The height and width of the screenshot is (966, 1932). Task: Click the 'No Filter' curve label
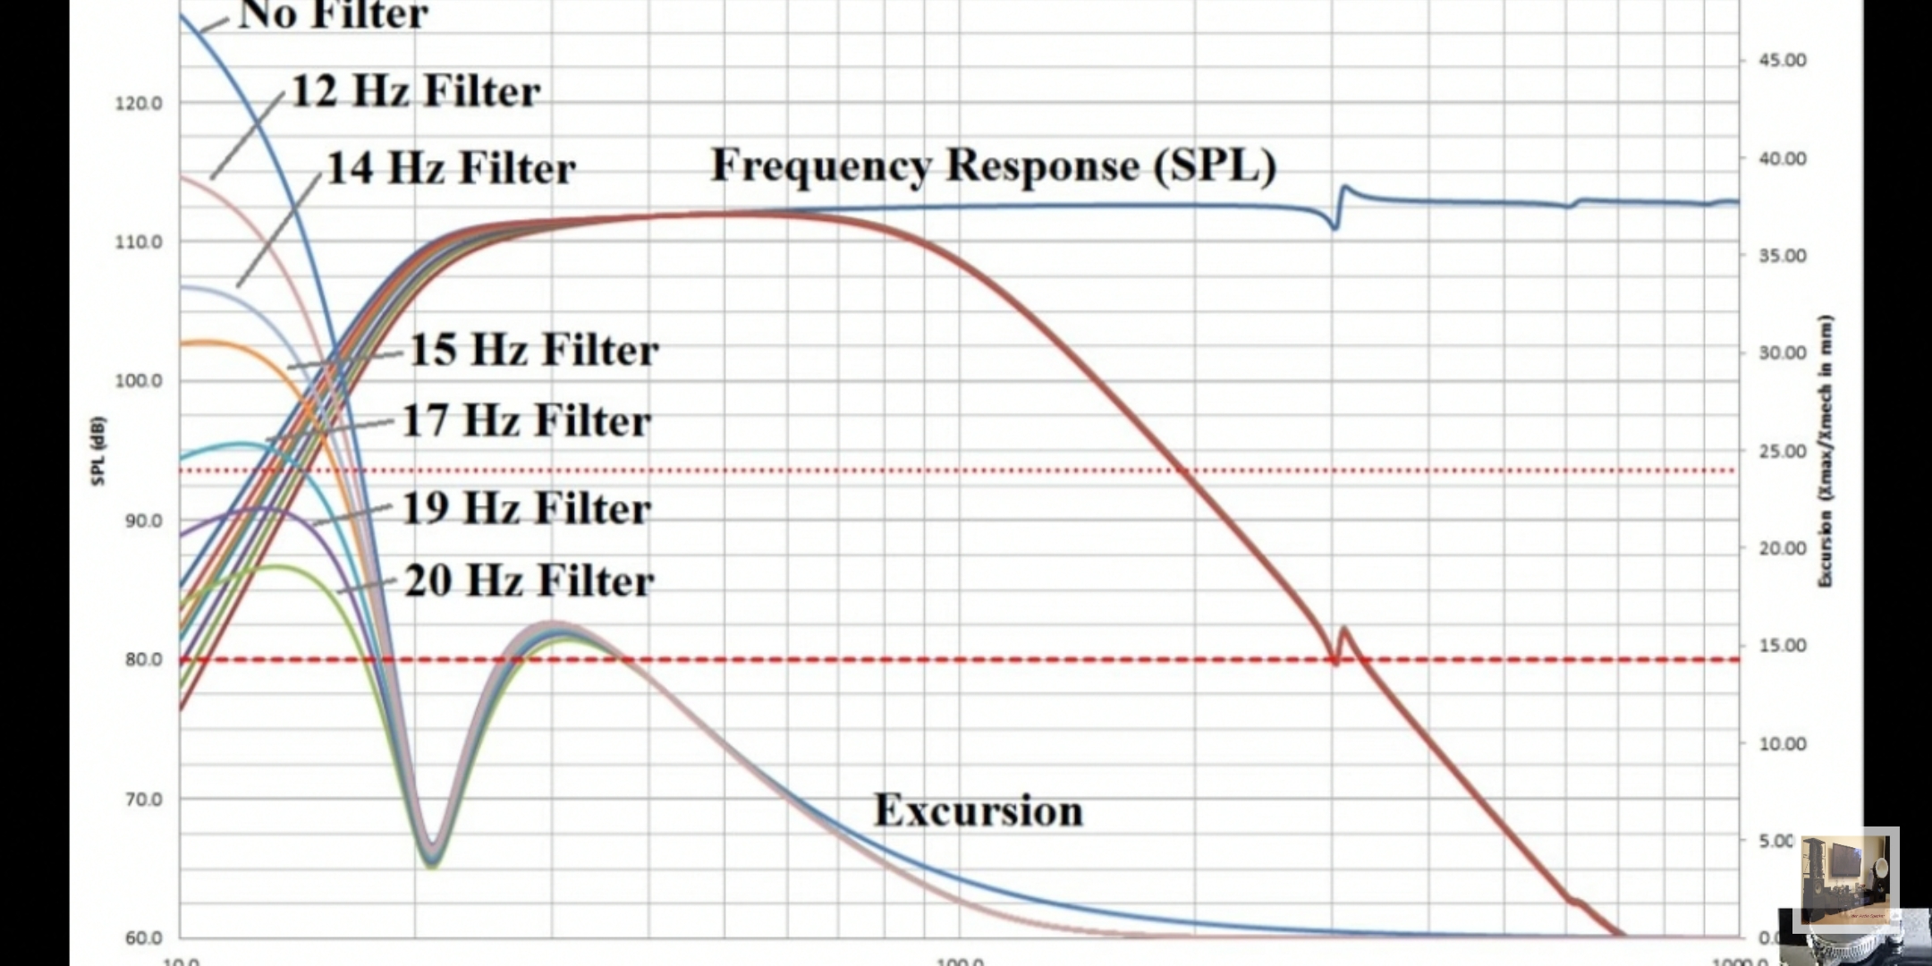click(x=333, y=14)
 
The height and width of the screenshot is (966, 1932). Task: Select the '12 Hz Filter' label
click(x=416, y=91)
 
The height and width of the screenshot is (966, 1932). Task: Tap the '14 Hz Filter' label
click(x=451, y=168)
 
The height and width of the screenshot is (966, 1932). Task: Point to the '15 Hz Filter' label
click(x=534, y=350)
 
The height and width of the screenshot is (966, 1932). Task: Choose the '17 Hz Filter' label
click(x=526, y=420)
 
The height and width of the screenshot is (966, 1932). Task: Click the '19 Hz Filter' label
click(x=526, y=509)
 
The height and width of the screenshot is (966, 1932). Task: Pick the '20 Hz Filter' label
click(x=530, y=580)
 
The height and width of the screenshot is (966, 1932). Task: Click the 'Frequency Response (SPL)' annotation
click(x=993, y=165)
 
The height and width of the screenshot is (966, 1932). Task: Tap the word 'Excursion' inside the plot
click(x=978, y=810)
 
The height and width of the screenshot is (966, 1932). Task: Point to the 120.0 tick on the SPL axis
click(x=139, y=104)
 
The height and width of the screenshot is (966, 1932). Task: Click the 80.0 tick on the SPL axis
click(x=143, y=660)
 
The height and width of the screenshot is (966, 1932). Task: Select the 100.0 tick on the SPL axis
click(x=139, y=381)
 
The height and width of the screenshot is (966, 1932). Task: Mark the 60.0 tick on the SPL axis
click(x=143, y=938)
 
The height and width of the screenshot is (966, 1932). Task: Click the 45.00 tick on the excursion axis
click(x=1783, y=61)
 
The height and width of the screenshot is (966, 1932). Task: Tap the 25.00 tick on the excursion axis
click(x=1783, y=452)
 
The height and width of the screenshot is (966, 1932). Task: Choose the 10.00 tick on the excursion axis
click(x=1783, y=744)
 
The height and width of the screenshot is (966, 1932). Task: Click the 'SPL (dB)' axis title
click(x=98, y=451)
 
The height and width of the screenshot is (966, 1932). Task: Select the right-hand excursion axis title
click(x=1826, y=451)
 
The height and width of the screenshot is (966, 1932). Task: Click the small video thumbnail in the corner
click(x=1848, y=880)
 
